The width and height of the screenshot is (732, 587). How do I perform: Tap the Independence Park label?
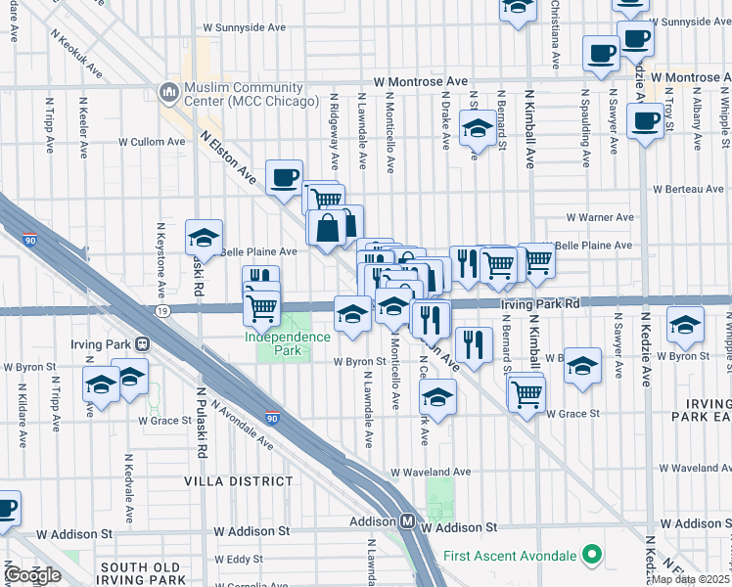[287, 342]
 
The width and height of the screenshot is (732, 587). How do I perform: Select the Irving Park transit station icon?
[143, 343]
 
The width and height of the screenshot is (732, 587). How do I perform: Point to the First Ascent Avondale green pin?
[590, 556]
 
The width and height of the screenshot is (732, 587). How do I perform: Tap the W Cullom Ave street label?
[152, 141]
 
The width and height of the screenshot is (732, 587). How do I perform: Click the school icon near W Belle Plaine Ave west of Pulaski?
[204, 237]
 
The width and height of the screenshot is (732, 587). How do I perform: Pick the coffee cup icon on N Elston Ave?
[284, 177]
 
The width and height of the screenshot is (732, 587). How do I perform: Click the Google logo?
[32, 575]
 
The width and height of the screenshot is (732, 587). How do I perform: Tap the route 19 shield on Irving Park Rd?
[162, 310]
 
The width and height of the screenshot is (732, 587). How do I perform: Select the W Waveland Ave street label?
[430, 472]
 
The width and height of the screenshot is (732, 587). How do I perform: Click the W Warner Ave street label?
[601, 217]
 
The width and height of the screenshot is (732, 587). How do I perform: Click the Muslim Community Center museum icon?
[166, 91]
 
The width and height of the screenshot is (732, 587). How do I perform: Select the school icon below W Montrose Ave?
[477, 129]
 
